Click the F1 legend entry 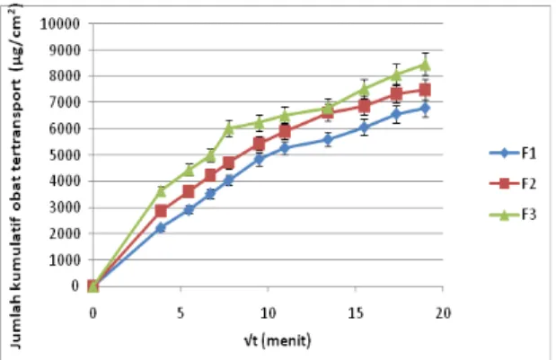tap(513, 154)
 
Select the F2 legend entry tap(513, 183)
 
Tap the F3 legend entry tap(513, 215)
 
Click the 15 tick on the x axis tap(356, 313)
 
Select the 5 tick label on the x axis tap(181, 313)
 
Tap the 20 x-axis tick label tap(443, 313)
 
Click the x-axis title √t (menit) tap(278, 340)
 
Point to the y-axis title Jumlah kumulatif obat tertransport tap(15, 177)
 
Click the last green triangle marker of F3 tap(425, 65)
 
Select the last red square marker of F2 tap(425, 90)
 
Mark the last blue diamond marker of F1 tap(425, 108)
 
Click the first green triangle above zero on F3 tap(161, 191)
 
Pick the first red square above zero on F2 tap(161, 211)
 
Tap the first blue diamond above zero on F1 tap(161, 228)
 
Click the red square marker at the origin tap(93, 285)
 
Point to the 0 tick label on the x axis tap(93, 313)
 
